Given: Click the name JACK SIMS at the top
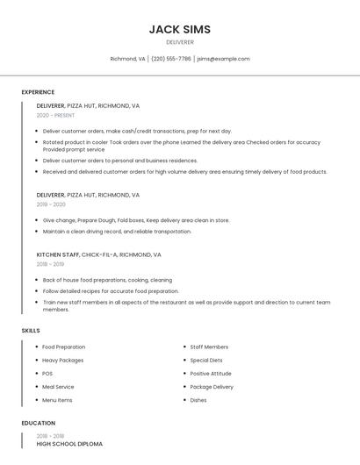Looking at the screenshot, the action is tap(180, 29).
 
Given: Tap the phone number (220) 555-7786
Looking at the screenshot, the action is tap(170, 59).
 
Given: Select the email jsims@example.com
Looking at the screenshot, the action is tap(223, 59).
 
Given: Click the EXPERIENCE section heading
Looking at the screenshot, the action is tap(38, 92).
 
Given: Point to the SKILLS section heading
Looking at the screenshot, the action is tap(31, 330).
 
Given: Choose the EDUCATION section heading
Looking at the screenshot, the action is tap(38, 423).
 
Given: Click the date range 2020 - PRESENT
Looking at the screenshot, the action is tap(55, 115).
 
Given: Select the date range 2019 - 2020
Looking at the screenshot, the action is tap(51, 204).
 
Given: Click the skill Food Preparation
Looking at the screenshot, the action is tap(63, 347).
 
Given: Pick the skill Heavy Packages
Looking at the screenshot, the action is tap(62, 361).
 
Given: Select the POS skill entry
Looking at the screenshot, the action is tap(47, 374).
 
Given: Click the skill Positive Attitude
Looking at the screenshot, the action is tap(212, 374).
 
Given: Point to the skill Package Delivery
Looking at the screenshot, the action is tap(212, 387).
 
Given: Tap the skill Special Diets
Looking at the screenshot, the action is tap(206, 361).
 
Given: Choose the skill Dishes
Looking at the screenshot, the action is tap(198, 400).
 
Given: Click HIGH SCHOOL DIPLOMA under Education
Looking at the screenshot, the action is tap(69, 444).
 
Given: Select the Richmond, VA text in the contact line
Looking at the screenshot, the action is tap(127, 59).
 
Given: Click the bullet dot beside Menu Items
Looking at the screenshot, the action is tap(35, 400).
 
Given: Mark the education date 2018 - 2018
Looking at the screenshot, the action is tap(50, 435).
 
